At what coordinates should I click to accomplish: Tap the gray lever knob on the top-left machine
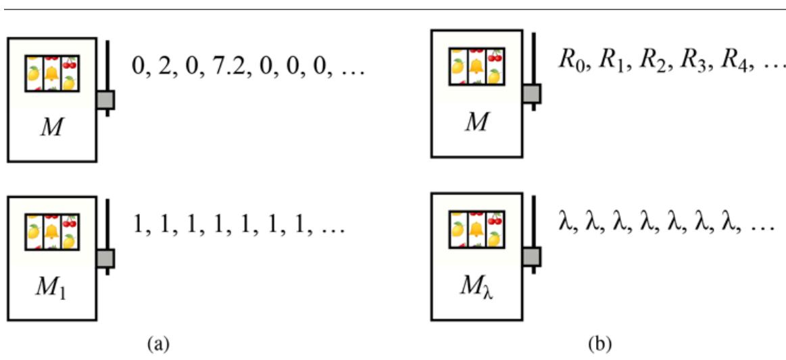(x=106, y=99)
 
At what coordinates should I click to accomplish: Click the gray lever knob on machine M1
(x=106, y=258)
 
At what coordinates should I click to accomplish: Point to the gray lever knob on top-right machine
(x=533, y=93)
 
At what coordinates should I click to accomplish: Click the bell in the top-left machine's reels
(x=52, y=72)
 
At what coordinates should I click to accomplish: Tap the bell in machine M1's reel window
(x=52, y=231)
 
